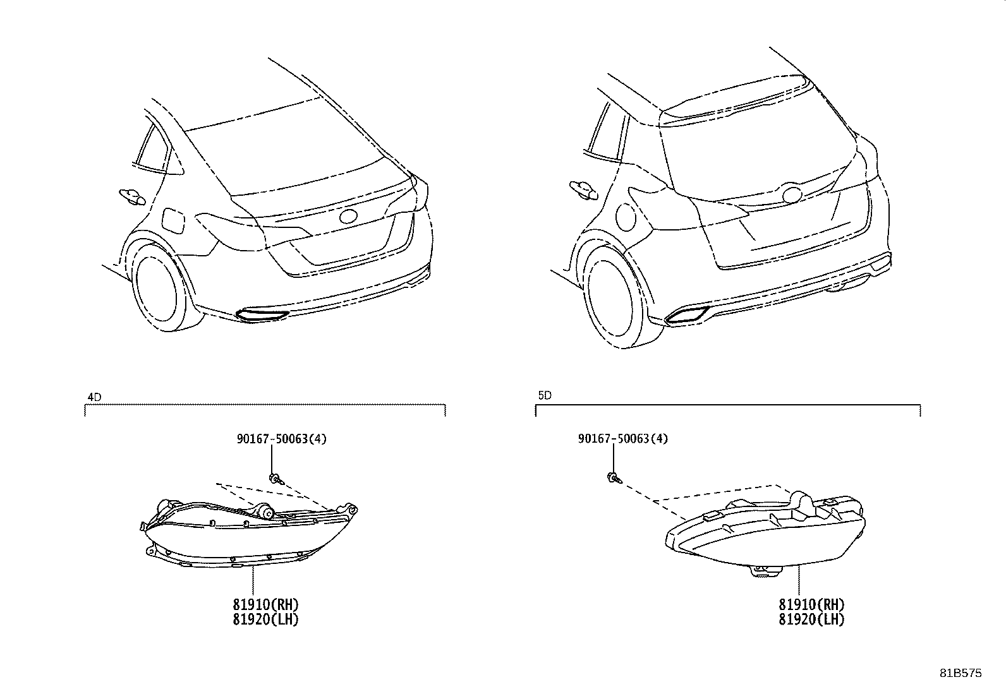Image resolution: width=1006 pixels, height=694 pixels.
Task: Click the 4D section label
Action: (x=94, y=397)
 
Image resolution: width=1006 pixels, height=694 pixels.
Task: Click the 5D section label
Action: (x=545, y=395)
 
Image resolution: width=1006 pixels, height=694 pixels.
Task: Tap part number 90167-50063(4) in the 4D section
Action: (x=282, y=439)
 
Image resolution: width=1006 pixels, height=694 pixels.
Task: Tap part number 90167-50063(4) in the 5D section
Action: (x=623, y=439)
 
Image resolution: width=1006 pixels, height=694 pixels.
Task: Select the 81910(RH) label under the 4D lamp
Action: (x=265, y=604)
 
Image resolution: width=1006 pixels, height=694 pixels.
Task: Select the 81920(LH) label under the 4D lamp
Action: (x=265, y=619)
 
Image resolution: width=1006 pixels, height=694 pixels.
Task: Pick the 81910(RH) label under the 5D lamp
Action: (x=811, y=604)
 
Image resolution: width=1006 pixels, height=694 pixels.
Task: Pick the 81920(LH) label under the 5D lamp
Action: (x=811, y=619)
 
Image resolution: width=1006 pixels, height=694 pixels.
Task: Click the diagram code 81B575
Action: (x=961, y=673)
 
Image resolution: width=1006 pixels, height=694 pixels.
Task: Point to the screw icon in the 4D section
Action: (x=276, y=479)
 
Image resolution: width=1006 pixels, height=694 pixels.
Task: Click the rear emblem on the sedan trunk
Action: (x=348, y=217)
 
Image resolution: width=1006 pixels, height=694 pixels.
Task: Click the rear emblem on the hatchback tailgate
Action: (x=791, y=194)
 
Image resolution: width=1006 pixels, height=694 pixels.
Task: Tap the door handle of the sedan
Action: (x=132, y=196)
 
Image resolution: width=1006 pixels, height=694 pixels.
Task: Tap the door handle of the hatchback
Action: (x=583, y=189)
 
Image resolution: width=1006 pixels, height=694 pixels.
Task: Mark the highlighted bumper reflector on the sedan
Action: (x=262, y=315)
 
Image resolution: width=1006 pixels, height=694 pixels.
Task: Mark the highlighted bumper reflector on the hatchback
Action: (x=687, y=316)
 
